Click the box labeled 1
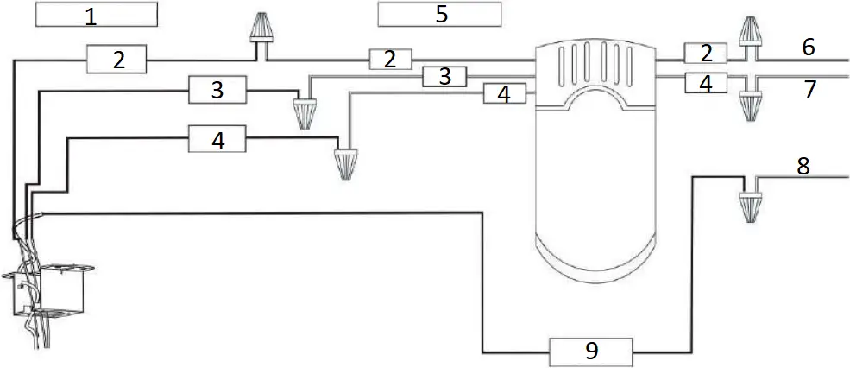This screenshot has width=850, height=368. point(96,15)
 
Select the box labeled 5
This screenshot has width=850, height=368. point(440,15)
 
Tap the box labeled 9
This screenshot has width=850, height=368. point(590,351)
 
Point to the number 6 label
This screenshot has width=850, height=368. point(808,47)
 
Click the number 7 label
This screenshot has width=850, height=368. point(809,88)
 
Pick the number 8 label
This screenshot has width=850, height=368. point(803,167)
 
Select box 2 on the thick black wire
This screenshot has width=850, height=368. point(118,60)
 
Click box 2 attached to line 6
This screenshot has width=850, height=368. point(707,54)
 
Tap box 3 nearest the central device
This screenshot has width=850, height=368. point(444,77)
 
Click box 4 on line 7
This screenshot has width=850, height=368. point(707,85)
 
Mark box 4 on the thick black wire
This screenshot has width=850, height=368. point(217,139)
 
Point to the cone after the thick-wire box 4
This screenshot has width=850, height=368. point(347,162)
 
